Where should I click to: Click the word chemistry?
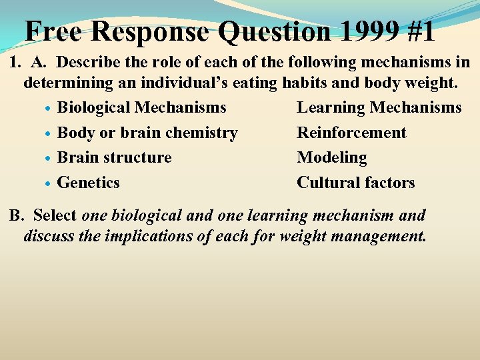[201, 133]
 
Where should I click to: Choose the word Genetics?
[89, 183]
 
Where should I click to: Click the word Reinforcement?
[351, 133]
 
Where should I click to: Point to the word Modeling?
[332, 158]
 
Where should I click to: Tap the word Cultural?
[325, 183]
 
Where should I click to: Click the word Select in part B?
[55, 216]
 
